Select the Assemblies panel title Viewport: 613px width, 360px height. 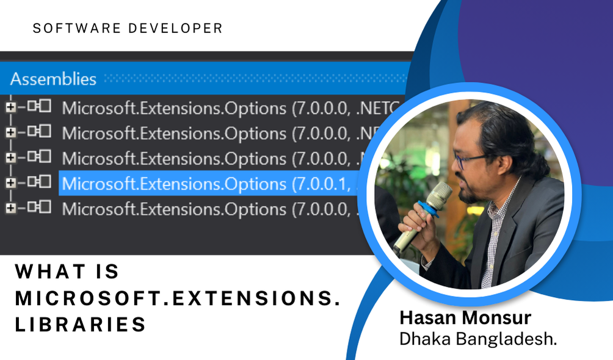click(53, 79)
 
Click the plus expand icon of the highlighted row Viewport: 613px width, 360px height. click(10, 182)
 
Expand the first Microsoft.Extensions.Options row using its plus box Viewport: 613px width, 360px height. click(10, 107)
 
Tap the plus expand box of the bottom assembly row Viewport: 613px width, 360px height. click(10, 208)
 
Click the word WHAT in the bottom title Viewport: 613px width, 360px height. click(51, 272)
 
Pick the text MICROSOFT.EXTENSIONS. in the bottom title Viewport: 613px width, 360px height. click(177, 298)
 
